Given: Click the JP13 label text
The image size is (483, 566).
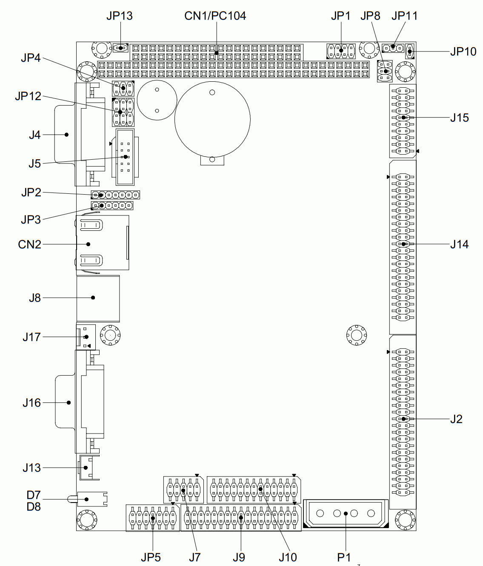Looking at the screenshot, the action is coord(120,16).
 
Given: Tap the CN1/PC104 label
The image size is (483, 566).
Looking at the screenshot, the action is coord(215,16).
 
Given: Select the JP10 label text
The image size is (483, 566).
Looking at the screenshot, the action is coord(463,52).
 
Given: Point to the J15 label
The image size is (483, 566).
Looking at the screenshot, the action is coord(460,118).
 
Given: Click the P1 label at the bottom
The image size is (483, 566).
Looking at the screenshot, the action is coord(344,557).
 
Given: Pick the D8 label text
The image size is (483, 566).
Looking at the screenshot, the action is coord(34,506).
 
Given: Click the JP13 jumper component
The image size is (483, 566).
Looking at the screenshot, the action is coord(120,48).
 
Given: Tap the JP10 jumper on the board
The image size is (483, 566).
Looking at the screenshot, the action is coord(410,51).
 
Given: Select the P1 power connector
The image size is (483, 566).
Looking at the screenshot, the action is coord(346,514).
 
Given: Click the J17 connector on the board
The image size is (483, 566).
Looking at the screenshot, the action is coord(86,337).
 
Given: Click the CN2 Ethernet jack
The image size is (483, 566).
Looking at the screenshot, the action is coord(103,243).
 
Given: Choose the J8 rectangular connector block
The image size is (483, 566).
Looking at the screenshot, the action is coord(98,299).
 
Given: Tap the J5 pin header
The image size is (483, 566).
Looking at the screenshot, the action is coord(125,157).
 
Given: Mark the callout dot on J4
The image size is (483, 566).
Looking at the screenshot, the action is coord(66,135).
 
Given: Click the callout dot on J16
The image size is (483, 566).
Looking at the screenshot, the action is coord(69,402).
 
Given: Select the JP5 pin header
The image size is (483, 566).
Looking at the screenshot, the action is coord(152,518).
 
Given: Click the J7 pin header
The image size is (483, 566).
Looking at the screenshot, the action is coord(183,490).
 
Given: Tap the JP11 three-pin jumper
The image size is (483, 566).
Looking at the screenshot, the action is coord(393,49).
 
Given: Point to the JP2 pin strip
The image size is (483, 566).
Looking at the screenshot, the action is coord(115,195).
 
